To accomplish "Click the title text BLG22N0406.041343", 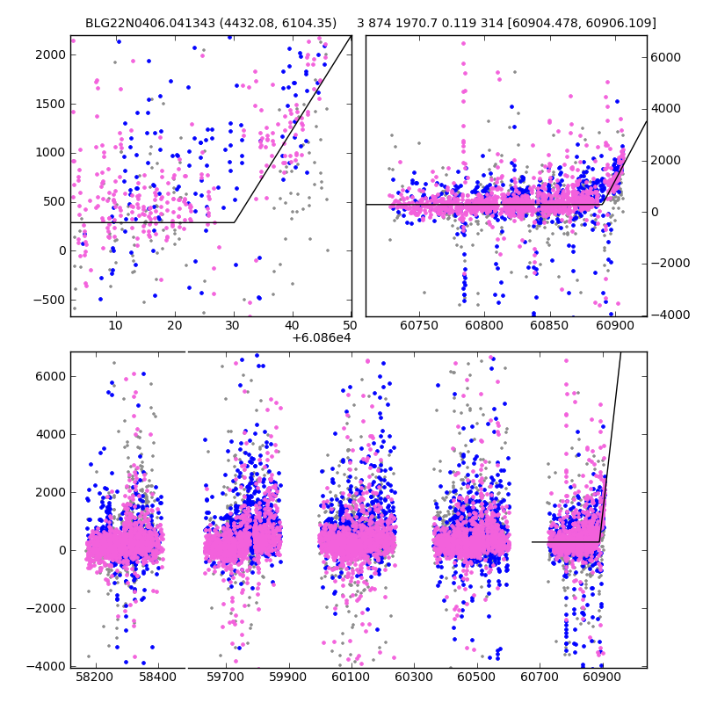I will coord(150,24).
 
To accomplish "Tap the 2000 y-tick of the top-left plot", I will coord(51,54).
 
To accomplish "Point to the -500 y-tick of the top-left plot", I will coord(51,300).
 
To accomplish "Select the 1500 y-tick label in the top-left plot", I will coord(51,104).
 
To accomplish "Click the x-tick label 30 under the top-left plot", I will coord(234,326).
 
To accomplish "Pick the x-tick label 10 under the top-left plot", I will coord(115,326).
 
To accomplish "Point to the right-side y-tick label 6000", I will coord(666,57).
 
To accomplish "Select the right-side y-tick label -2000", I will coord(669,264).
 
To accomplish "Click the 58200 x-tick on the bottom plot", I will coord(95,678).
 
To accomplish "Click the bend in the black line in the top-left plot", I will coord(234,222).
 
